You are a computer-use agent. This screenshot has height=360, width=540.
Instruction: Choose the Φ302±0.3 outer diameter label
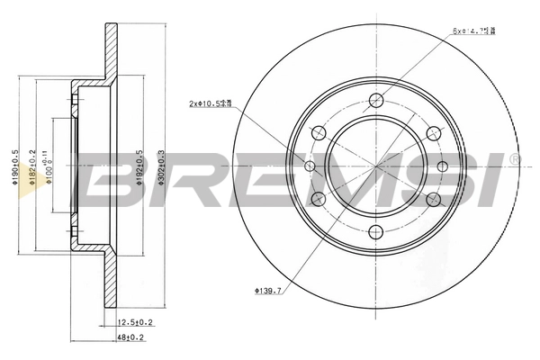161,166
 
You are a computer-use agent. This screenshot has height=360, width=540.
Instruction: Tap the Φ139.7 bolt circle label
269,291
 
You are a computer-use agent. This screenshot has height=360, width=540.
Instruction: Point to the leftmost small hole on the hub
310,166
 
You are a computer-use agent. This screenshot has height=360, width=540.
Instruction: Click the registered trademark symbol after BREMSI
514,159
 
